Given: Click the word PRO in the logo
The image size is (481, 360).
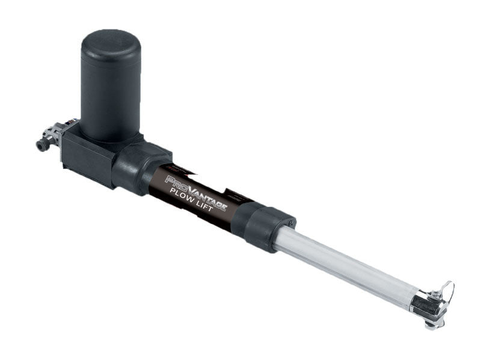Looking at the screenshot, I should click(176, 183).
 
